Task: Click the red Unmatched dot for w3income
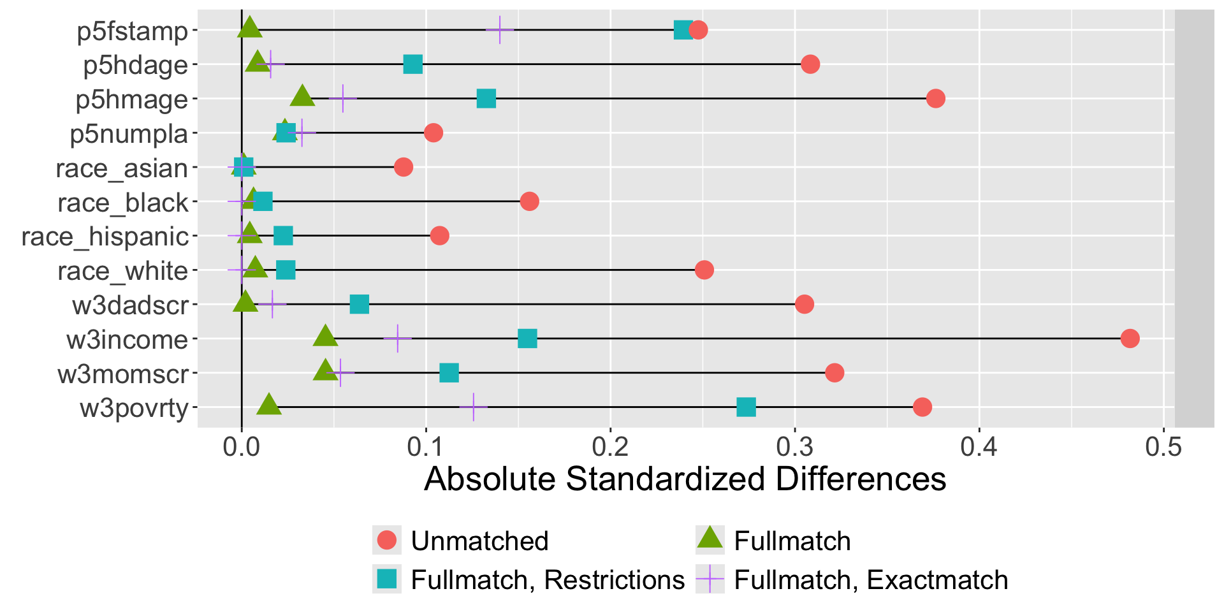pos(1130,339)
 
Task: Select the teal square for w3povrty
pos(746,407)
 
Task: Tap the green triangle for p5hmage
pos(302,98)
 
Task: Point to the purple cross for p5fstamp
pos(500,30)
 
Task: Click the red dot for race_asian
pos(404,167)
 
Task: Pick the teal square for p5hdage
pos(413,64)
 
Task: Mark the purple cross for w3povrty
pos(474,407)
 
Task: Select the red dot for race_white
pos(704,270)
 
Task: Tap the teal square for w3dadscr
pos(360,304)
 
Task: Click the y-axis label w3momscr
pos(123,374)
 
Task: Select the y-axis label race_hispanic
pos(105,237)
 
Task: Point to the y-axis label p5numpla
pos(129,134)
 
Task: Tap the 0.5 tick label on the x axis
pos(1163,447)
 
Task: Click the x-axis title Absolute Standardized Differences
pos(685,479)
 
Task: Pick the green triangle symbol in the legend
pos(710,539)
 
